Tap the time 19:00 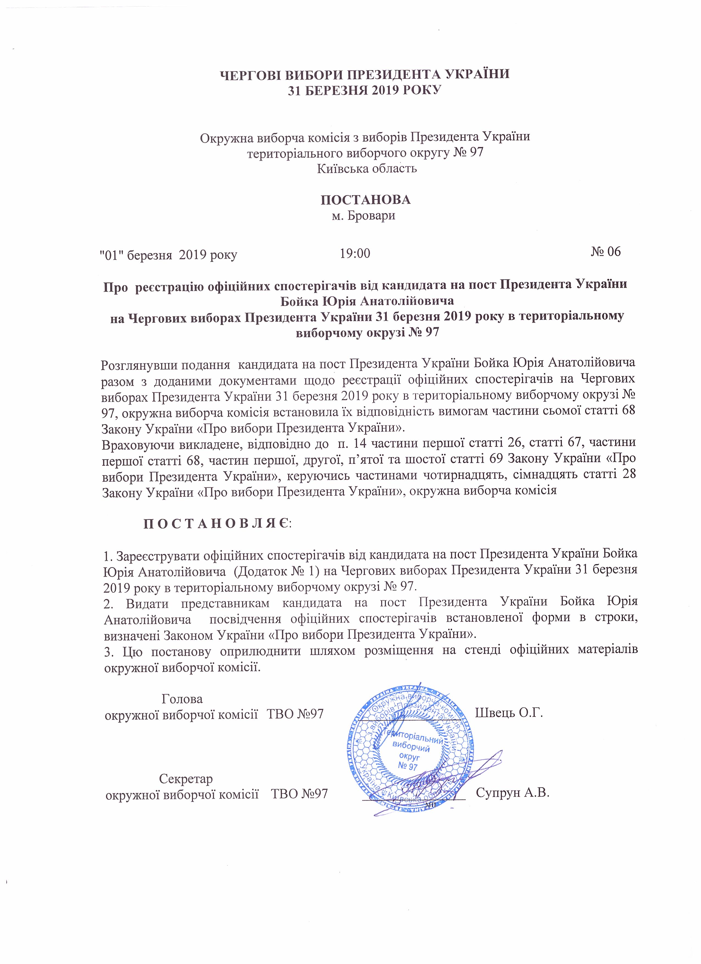coord(355,253)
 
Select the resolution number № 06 coord(605,251)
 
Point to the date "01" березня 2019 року coord(168,255)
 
